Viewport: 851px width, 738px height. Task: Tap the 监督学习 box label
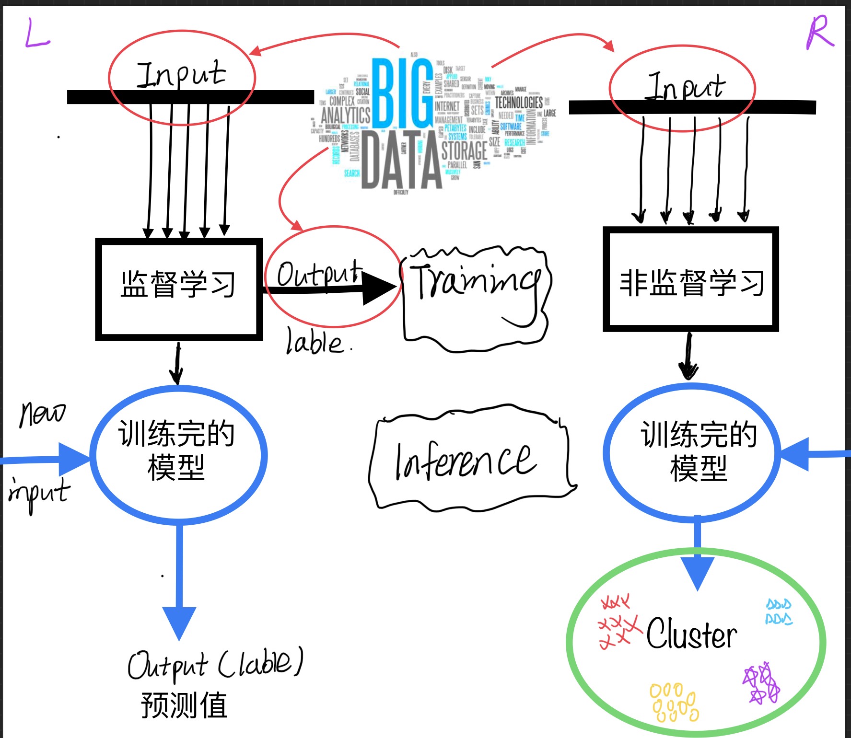[178, 284]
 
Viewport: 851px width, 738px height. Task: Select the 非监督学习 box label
[692, 283]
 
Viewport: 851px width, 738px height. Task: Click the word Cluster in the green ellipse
[691, 634]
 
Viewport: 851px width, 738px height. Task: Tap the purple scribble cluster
[761, 683]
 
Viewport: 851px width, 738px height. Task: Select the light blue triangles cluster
[779, 612]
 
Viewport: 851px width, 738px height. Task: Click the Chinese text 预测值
[184, 705]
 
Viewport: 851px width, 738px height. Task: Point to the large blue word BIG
[402, 94]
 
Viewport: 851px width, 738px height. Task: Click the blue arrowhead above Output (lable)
[179, 622]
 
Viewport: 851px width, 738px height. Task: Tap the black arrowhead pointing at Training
[381, 288]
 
